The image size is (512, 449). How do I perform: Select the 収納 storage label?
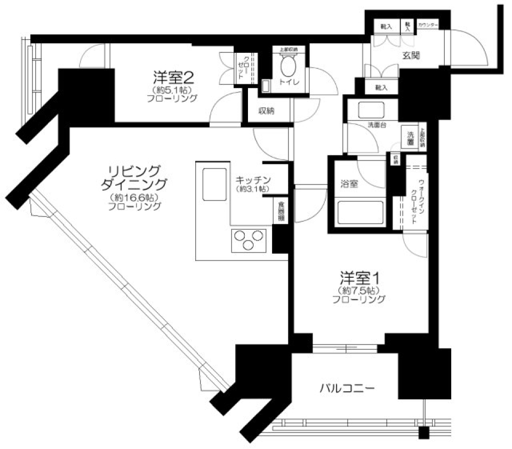point(267,111)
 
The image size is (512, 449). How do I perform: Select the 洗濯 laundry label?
point(410,138)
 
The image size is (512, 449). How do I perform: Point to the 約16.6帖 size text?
point(133,198)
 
